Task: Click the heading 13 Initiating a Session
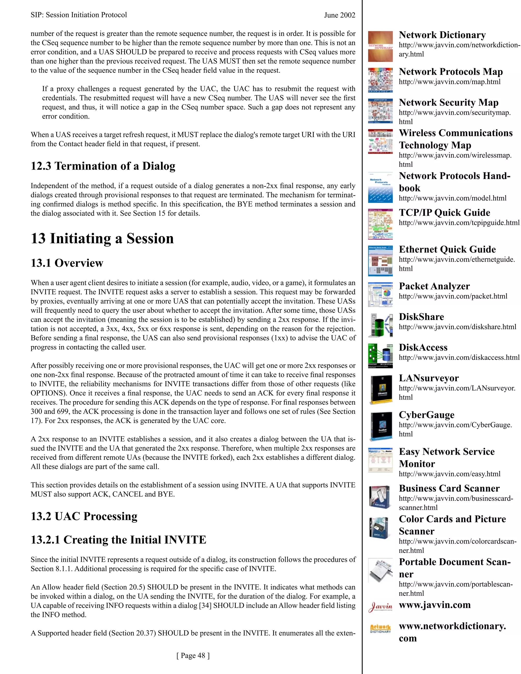point(102,239)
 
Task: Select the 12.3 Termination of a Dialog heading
point(103,166)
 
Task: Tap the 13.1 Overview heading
point(67,263)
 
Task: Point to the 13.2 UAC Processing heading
point(84,516)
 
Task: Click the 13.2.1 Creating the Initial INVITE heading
point(119,540)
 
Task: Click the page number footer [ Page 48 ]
point(193,655)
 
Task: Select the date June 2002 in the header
point(340,15)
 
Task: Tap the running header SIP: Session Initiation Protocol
point(79,15)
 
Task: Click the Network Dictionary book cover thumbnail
point(380,47)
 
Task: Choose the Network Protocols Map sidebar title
point(451,72)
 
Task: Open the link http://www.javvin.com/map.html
point(450,82)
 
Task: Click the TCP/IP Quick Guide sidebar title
point(444,213)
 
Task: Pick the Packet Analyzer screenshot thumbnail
point(380,295)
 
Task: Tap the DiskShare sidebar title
point(421,317)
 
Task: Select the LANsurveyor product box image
point(380,389)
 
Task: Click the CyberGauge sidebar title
point(427,415)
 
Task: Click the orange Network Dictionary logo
point(380,628)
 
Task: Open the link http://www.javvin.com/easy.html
point(450,474)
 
